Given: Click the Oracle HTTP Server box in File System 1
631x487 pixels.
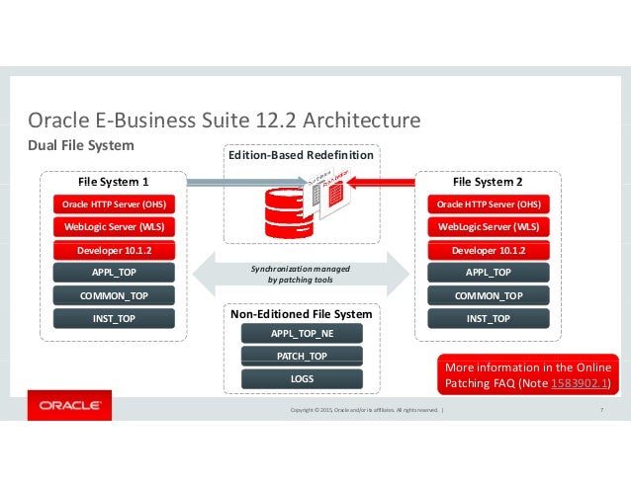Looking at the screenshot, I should tap(113, 204).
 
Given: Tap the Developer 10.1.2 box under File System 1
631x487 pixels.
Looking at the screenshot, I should tap(113, 250).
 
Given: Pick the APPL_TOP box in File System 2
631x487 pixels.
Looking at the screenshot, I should tap(488, 273).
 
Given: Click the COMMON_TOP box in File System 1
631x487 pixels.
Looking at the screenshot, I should tap(113, 295).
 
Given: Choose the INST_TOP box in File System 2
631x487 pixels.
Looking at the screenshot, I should tap(488, 318).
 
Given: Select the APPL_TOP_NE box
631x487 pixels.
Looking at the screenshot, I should tap(302, 334).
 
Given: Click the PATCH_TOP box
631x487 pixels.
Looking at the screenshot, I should tap(302, 356).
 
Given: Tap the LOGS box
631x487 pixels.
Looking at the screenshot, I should tap(302, 378).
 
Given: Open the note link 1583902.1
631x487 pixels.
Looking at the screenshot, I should tap(582, 384).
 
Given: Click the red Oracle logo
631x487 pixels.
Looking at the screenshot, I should tap(68, 405).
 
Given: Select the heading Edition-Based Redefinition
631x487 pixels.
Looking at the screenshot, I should tap(301, 155).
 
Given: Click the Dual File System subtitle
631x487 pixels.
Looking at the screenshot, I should tap(79, 145).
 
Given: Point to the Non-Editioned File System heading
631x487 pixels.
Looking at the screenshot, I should tap(301, 313).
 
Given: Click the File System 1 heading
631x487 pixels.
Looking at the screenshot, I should tap(113, 182).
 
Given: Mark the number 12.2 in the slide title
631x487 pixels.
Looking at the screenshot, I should tap(248, 121).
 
